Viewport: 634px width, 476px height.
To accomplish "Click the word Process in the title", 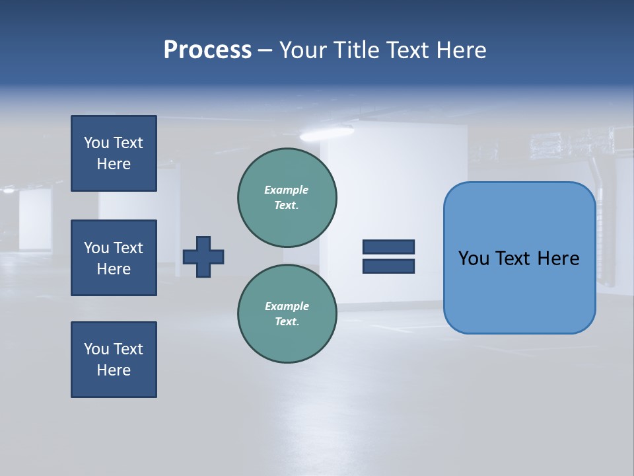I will coord(207,50).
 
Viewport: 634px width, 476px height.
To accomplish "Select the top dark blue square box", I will coord(114,153).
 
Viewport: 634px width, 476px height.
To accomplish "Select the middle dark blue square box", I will coord(114,258).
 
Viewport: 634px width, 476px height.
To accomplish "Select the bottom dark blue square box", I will coord(114,360).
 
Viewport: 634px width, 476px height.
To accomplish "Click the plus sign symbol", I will coord(203,257).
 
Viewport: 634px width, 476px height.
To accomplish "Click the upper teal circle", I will coord(287,197).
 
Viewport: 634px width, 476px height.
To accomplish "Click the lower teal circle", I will coord(287,313).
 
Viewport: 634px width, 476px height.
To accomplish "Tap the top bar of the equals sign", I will coord(388,247).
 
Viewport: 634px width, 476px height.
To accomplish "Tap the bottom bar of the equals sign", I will coord(388,266).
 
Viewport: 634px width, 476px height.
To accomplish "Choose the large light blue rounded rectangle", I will coord(519,291).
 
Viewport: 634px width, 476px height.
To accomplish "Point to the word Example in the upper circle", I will coord(286,190).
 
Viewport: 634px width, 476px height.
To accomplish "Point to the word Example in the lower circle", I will coord(287,306).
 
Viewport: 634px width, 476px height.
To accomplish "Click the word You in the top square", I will coord(96,143).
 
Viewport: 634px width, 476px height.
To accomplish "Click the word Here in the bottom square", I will coord(114,370).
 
